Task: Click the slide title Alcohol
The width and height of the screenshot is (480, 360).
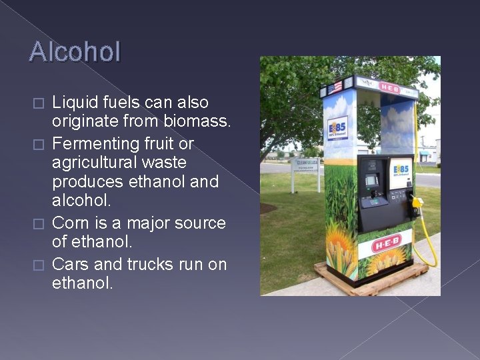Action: click(x=75, y=52)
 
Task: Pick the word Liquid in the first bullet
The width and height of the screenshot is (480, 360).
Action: click(x=73, y=103)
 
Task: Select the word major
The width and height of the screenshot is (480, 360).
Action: click(x=137, y=223)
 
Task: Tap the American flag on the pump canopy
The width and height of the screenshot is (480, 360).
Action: click(x=335, y=87)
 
